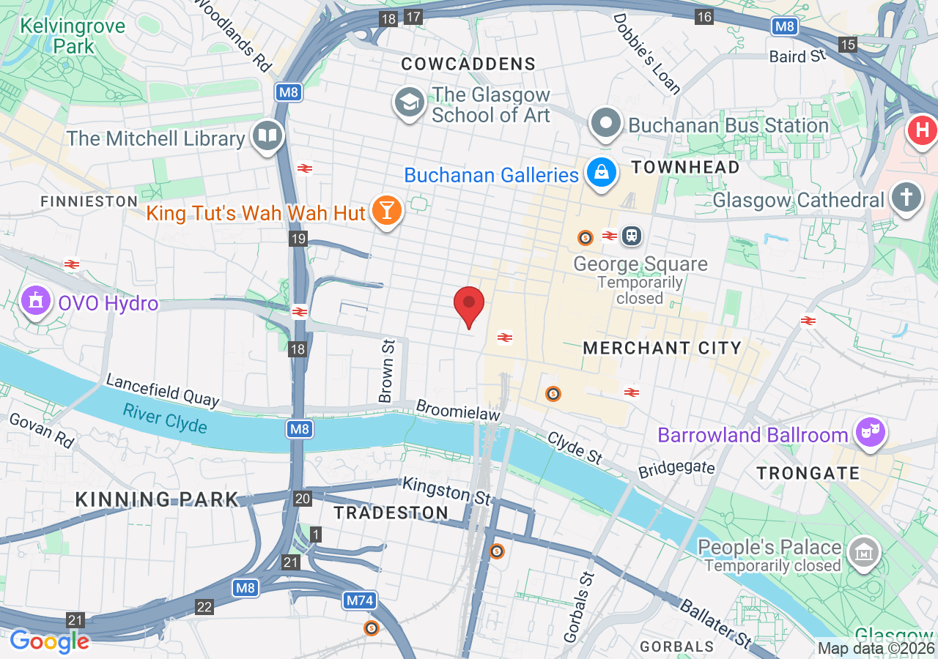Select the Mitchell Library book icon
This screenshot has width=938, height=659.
[267, 135]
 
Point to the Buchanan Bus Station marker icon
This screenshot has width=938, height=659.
[606, 124]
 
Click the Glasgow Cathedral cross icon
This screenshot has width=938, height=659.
[906, 198]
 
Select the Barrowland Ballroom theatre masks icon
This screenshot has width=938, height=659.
[869, 433]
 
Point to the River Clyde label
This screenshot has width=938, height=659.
[165, 418]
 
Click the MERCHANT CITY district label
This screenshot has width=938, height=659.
[662, 348]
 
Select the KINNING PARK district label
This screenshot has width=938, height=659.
[158, 499]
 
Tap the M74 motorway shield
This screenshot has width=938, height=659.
[360, 600]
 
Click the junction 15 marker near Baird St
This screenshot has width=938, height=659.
[848, 45]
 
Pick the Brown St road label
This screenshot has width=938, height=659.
[387, 370]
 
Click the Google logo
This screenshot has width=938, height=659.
[50, 641]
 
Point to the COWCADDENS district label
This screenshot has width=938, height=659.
[468, 64]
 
